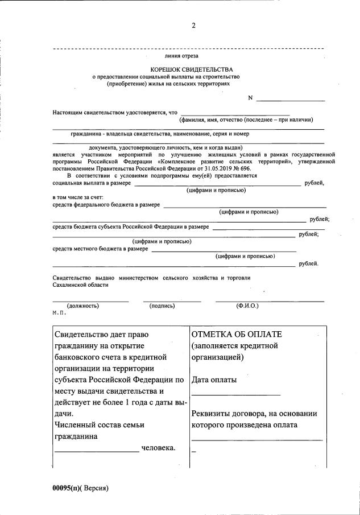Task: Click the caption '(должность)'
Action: [83, 306]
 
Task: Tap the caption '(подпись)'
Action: [162, 306]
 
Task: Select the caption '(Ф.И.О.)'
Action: [247, 306]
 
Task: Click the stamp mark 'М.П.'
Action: [59, 313]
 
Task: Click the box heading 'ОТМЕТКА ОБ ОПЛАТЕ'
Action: [237, 334]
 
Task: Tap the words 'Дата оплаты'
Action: [214, 380]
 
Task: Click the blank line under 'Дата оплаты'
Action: [235, 394]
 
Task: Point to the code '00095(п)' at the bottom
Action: [67, 488]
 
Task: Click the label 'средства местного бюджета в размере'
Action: [100, 249]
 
